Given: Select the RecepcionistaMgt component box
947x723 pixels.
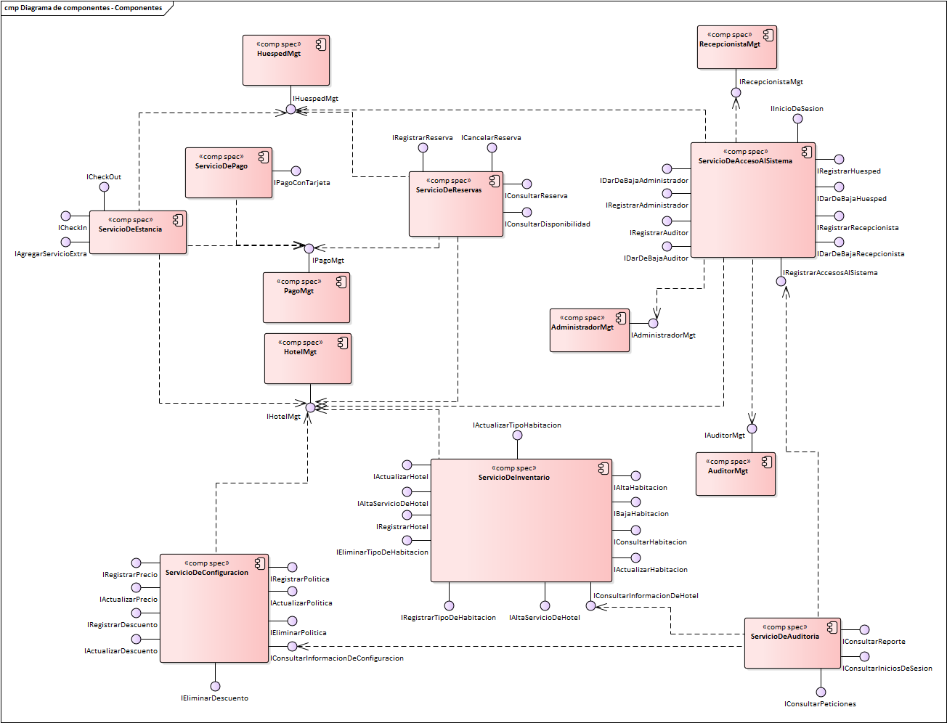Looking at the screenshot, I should coord(736,48).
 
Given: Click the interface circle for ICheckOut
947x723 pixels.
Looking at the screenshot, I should coord(104,187).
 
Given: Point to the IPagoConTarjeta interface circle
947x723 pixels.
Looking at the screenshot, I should coord(296,171).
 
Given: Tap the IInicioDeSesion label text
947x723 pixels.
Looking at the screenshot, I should coord(797,109).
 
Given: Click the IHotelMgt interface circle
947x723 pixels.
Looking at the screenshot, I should coord(310,407).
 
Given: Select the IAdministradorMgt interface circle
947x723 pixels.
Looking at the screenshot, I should coord(653,323).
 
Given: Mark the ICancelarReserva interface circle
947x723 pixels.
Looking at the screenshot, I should coord(492,147).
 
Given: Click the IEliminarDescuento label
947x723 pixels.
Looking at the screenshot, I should coord(214,698).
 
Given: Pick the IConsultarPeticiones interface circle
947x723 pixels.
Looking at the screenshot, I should coord(821,693).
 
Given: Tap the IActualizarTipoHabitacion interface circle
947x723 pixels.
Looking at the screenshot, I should coord(517,436).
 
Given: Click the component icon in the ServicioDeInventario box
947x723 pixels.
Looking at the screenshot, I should coord(603,468).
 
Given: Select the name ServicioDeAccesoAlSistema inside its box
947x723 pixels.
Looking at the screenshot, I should coord(745,161).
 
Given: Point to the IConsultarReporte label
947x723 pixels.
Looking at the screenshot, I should coord(874,642).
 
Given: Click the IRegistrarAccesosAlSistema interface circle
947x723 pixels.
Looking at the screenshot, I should coord(781,282).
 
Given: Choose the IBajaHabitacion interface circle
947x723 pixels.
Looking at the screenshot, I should coord(635,502).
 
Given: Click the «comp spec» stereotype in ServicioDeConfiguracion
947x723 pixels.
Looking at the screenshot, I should coord(207,563).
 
